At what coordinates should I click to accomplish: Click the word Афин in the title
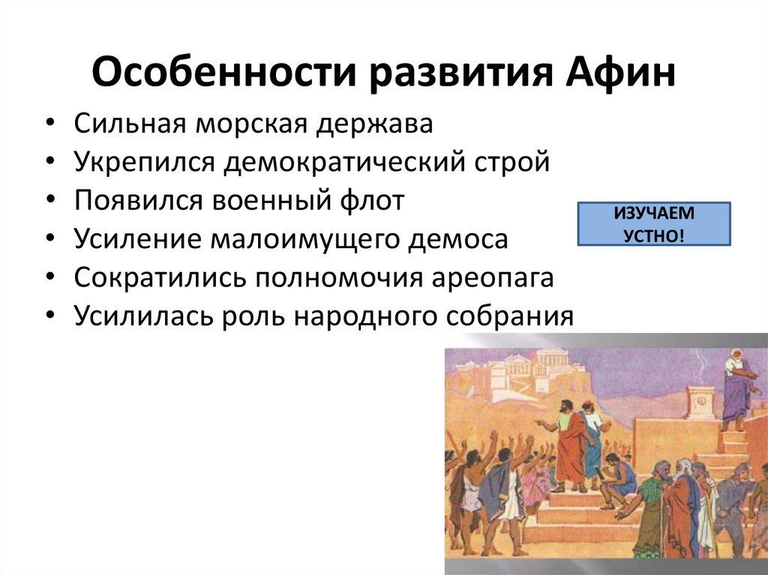point(619,73)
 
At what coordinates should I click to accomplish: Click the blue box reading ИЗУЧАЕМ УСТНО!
point(654,224)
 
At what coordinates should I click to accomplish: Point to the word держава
point(374,124)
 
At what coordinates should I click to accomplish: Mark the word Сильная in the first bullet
point(130,123)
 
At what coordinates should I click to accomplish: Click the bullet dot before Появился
point(50,200)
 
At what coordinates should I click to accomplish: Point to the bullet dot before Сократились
point(50,277)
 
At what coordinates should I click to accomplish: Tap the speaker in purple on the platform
point(736,391)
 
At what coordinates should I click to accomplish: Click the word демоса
point(458,240)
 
